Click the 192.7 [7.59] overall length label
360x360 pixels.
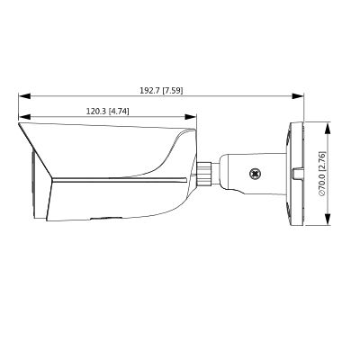[162, 90]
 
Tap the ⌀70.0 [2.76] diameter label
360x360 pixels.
[321, 173]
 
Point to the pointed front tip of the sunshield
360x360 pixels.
[19, 125]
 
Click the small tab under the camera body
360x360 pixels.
[106, 216]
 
